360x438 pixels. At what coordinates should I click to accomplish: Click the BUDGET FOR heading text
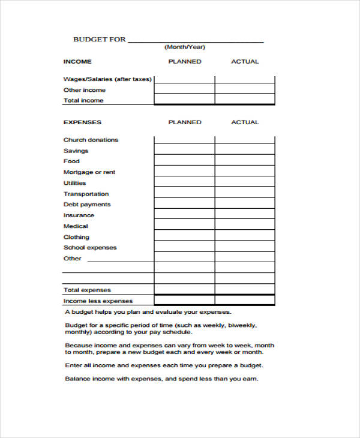(x=100, y=40)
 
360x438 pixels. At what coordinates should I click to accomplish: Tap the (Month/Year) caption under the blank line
(x=185, y=47)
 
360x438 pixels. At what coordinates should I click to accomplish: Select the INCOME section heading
(x=77, y=62)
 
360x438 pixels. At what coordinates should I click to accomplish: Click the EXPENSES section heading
(x=82, y=122)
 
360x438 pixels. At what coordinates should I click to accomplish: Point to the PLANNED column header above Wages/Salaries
(x=185, y=62)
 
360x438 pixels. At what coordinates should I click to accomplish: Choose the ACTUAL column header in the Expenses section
(x=245, y=122)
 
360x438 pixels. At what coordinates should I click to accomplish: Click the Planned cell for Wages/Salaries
(x=184, y=79)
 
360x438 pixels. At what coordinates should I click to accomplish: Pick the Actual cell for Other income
(x=245, y=89)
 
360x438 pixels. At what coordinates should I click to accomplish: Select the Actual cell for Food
(x=245, y=161)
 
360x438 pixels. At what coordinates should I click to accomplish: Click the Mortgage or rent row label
(x=89, y=172)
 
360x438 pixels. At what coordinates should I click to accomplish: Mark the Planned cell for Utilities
(x=184, y=182)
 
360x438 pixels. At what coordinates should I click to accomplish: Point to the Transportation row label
(x=86, y=194)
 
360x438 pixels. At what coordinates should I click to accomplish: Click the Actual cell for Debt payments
(x=245, y=204)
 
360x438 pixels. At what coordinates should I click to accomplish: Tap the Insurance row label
(x=79, y=215)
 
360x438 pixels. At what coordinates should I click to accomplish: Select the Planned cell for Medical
(x=184, y=226)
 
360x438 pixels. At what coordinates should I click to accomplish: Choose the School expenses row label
(x=90, y=248)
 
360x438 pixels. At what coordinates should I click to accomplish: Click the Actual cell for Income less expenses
(x=245, y=301)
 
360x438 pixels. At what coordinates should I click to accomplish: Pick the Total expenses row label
(x=87, y=290)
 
